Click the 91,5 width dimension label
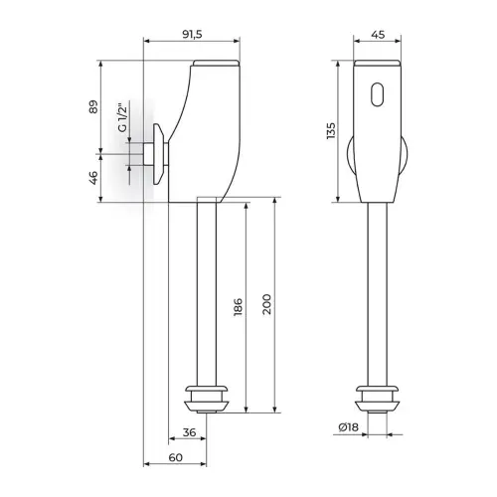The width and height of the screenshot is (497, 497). (x=192, y=35)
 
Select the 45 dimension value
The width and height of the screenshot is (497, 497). (x=378, y=35)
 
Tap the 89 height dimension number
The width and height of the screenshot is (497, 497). (x=94, y=106)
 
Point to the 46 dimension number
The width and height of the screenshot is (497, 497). (x=94, y=178)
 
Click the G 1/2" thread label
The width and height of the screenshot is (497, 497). (x=122, y=118)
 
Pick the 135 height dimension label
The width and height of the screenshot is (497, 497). (x=331, y=131)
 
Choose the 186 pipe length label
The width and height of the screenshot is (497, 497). (x=238, y=307)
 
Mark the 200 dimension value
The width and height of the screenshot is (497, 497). (x=266, y=304)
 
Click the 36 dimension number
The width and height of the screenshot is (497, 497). (x=189, y=432)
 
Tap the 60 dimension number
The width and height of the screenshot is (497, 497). (x=176, y=457)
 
